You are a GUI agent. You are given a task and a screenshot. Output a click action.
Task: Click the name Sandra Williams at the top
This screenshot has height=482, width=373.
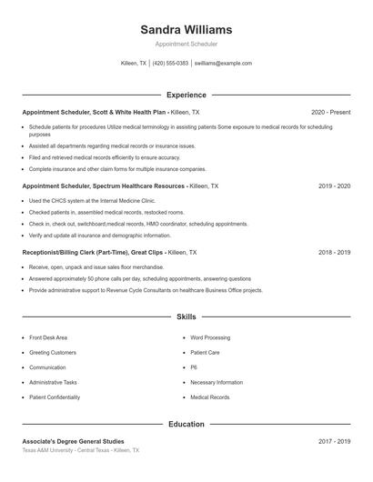[x=186, y=29]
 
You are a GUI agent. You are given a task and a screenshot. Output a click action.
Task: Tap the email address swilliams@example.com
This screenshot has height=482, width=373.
[x=223, y=64]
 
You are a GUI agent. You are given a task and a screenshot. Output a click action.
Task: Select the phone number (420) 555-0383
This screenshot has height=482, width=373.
[x=170, y=64]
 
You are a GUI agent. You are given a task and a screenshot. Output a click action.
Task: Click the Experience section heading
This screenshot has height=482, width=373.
[x=186, y=95]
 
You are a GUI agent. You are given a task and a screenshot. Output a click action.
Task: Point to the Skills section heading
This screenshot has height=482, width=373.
[x=186, y=317]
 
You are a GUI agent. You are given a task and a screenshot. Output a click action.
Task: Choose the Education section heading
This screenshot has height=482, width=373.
[x=186, y=424]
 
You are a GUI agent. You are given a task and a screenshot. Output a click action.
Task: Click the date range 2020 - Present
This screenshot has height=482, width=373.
[x=330, y=112]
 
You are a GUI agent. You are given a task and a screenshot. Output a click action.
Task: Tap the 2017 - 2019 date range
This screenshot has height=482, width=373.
[x=335, y=441]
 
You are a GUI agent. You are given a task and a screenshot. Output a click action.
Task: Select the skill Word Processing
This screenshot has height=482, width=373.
[x=211, y=337]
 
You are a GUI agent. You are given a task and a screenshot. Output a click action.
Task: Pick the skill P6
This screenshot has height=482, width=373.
[x=194, y=367]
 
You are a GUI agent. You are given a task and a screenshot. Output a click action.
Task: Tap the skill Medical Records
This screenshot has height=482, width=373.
[x=210, y=397]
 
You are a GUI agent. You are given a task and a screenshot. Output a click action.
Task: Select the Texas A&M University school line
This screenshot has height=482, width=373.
[x=81, y=450]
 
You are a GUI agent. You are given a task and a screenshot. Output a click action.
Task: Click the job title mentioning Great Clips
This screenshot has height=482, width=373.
[x=109, y=252]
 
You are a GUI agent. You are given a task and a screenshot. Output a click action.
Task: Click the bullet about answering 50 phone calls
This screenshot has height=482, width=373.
[x=139, y=278]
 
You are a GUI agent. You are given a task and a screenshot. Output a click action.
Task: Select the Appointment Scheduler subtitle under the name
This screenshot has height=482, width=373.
[x=186, y=44]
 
